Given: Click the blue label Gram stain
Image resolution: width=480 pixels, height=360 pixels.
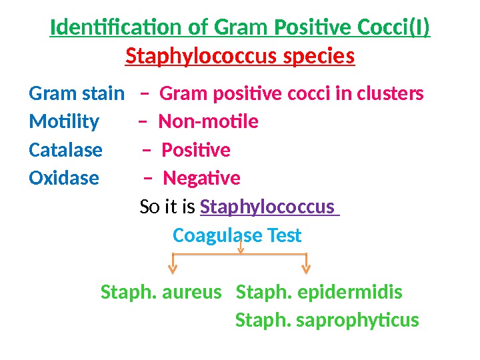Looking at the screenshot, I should (77, 94).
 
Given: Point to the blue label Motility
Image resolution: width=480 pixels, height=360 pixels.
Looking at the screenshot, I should (64, 122).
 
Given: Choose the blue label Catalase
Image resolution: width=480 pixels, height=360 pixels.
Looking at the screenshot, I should (66, 150).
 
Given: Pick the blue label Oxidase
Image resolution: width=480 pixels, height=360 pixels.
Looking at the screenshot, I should (64, 179).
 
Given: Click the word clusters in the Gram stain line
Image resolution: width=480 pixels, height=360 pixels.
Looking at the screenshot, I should (390, 94).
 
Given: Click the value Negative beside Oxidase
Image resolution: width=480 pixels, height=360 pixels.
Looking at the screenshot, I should (201, 179).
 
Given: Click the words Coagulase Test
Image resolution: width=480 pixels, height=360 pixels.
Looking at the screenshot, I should (237, 235).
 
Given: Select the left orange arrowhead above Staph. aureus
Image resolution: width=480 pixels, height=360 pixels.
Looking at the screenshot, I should (172, 269).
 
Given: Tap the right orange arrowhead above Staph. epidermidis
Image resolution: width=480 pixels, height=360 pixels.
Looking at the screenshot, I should (306, 269).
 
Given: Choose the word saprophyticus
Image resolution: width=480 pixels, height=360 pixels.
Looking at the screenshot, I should (357, 321).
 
